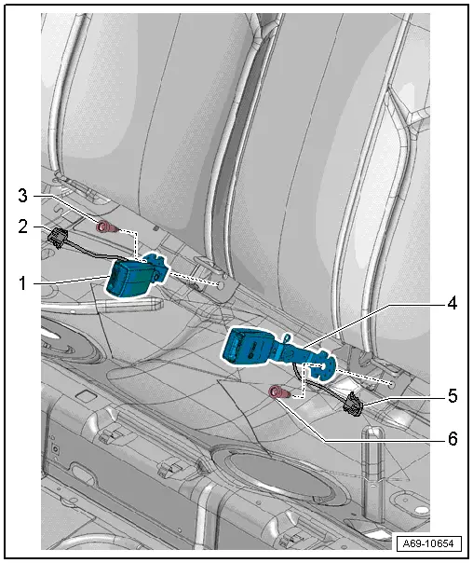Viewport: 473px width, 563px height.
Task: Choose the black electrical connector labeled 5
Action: coord(355,402)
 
